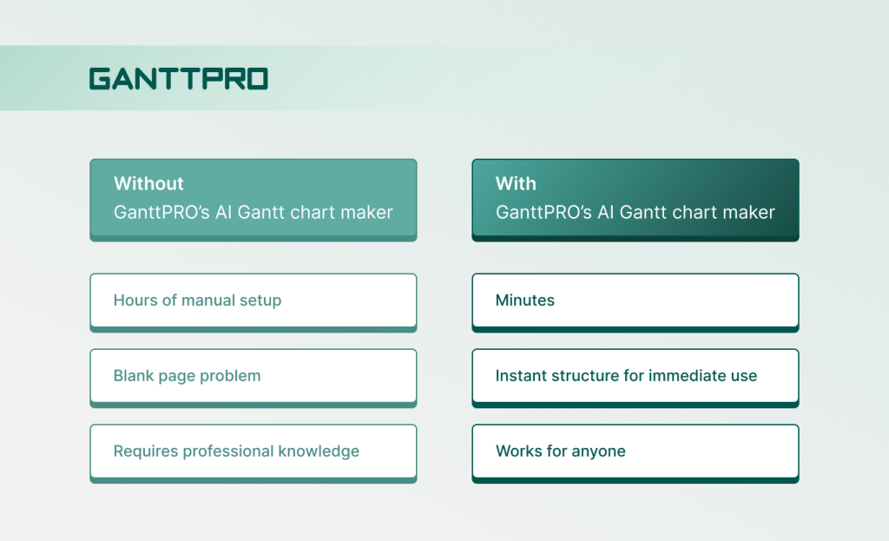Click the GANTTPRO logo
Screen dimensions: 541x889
tap(178, 79)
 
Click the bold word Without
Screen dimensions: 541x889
tap(148, 183)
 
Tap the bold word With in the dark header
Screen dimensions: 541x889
tap(516, 183)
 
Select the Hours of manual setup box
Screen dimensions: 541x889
tap(253, 300)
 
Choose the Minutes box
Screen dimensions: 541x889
tap(635, 300)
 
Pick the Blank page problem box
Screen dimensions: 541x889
tap(253, 376)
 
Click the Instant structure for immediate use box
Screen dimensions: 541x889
tap(635, 376)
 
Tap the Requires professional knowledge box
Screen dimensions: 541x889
tap(253, 452)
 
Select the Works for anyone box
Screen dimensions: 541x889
tap(635, 452)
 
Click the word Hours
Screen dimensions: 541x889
tap(135, 300)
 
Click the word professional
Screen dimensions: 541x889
tap(225, 452)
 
